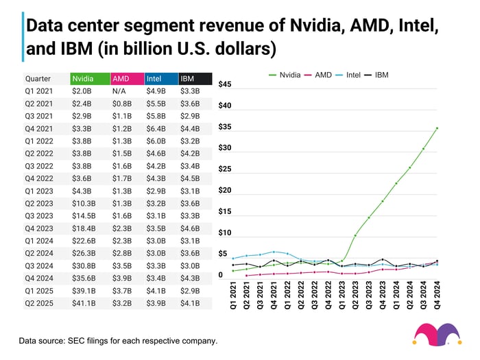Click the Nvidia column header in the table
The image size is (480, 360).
click(x=89, y=78)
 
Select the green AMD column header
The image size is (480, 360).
click(x=126, y=78)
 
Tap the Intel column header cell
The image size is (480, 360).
click(x=160, y=78)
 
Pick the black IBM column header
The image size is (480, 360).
click(x=195, y=78)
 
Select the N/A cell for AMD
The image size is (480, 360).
click(x=120, y=91)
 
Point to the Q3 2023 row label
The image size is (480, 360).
click(x=38, y=215)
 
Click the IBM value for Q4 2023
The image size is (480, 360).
click(x=190, y=228)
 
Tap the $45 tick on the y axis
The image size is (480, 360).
click(x=224, y=84)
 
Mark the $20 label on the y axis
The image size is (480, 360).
click(x=224, y=190)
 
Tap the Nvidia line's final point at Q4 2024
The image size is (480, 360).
click(x=437, y=128)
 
